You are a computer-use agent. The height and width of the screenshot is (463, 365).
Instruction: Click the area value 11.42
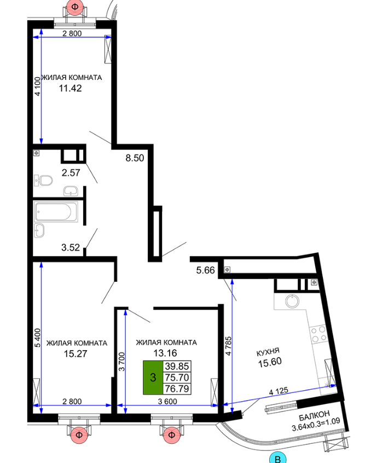(x=70, y=88)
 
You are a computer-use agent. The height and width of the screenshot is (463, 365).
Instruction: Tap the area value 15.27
(x=76, y=354)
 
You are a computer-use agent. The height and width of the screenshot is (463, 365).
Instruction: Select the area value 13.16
(x=165, y=353)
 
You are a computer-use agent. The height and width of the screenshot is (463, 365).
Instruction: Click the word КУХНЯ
(x=268, y=352)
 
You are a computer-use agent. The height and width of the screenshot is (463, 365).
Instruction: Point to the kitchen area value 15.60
(x=270, y=362)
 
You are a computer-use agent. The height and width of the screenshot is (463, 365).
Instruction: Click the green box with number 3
(x=153, y=378)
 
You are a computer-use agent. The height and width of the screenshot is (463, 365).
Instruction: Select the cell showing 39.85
(x=177, y=366)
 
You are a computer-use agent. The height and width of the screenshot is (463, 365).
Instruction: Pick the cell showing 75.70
(x=177, y=378)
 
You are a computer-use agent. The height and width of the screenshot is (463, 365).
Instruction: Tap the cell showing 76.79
(x=177, y=389)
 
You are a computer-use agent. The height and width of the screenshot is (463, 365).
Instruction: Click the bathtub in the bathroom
(x=56, y=212)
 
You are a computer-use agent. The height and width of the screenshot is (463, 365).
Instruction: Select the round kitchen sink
(x=292, y=301)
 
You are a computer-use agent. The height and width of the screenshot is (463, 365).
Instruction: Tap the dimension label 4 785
(x=228, y=346)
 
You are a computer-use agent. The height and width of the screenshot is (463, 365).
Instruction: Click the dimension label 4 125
(x=279, y=391)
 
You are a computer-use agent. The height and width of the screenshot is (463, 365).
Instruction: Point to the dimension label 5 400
(x=38, y=338)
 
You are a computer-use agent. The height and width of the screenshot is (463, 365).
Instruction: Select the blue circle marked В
(x=278, y=459)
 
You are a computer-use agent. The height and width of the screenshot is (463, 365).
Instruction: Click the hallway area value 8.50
(x=135, y=158)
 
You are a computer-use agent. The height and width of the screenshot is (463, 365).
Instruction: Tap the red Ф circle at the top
(x=75, y=7)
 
